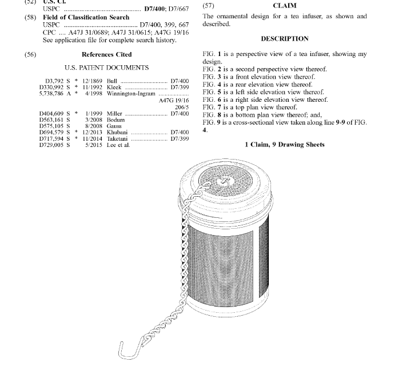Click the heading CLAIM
(285, 6)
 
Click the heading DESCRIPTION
(285, 39)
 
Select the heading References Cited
(106, 55)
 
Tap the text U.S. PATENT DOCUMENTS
(106, 68)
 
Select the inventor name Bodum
(116, 120)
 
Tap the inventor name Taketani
(120, 138)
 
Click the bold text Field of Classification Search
(86, 18)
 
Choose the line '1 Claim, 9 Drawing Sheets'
(285, 145)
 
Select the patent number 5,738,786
(51, 93)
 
